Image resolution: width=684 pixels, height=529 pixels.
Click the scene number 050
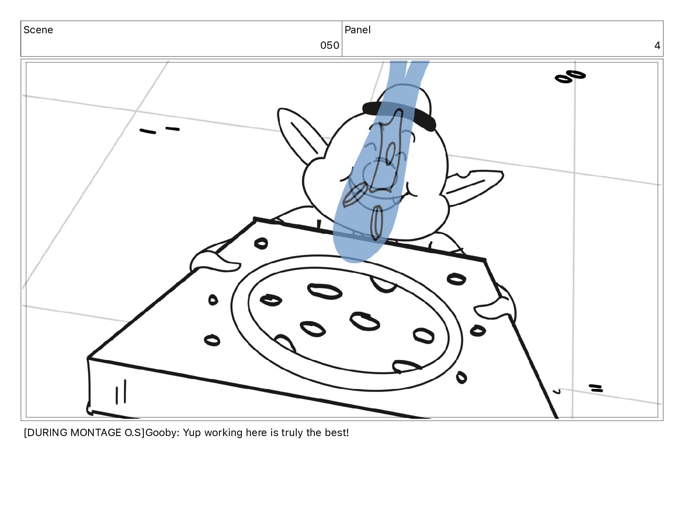[329, 45]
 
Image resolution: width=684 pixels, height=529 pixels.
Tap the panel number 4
[657, 45]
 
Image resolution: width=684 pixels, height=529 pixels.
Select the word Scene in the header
[38, 30]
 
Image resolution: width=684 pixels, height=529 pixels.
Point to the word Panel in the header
[358, 30]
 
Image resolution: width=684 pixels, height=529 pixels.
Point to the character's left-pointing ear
[299, 135]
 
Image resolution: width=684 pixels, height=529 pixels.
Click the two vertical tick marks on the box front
[121, 392]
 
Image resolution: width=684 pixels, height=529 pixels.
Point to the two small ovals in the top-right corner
[570, 76]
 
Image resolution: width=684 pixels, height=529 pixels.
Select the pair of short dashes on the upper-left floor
[160, 130]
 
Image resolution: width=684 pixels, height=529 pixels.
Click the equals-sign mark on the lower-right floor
[595, 388]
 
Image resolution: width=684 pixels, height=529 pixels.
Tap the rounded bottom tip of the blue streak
[354, 261]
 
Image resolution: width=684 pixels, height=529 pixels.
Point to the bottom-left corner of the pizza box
[89, 412]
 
